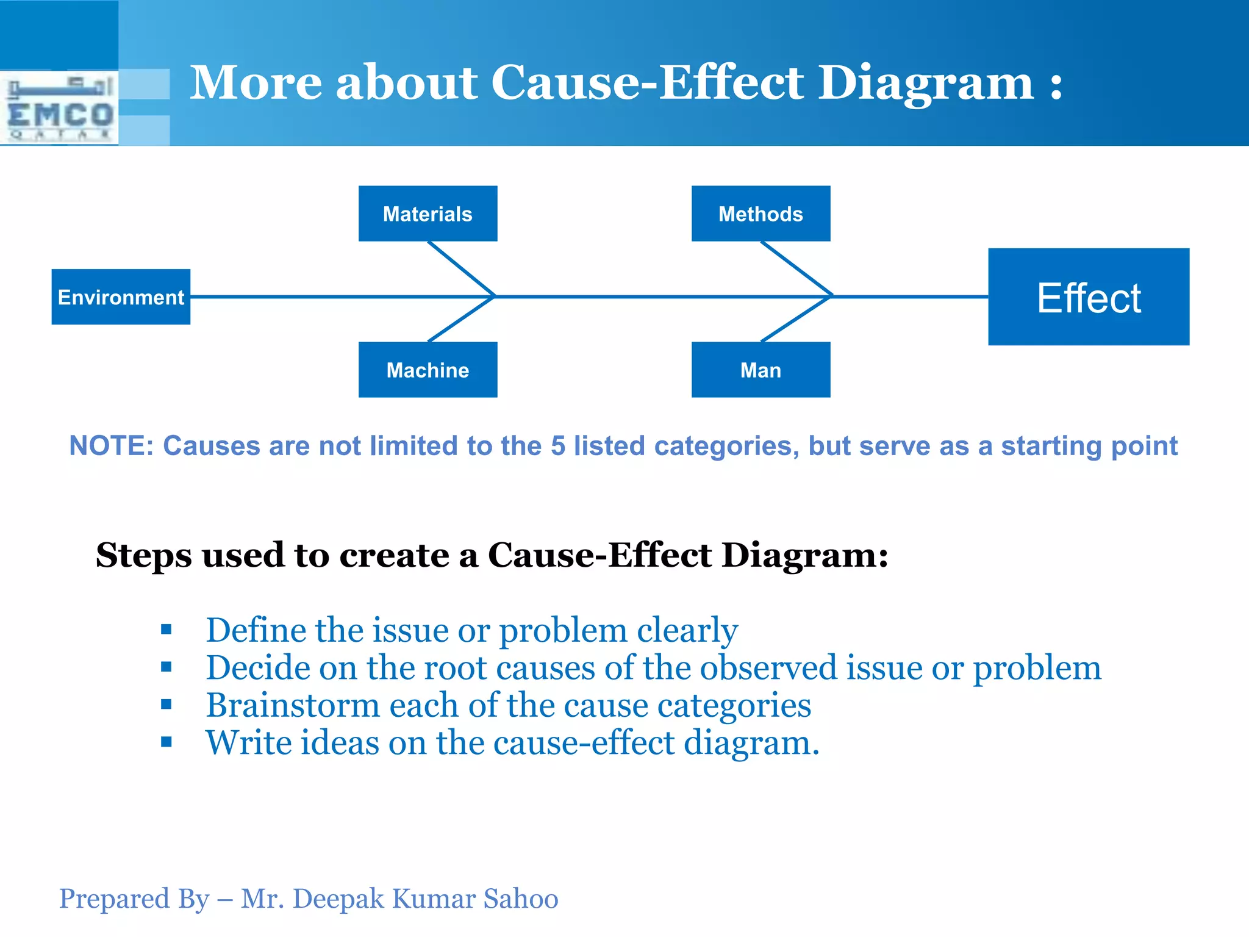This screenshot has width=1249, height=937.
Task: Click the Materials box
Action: tap(428, 214)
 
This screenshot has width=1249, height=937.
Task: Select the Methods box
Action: tap(760, 214)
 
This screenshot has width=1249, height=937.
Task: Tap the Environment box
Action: tap(121, 297)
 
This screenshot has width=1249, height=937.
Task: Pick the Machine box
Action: tap(428, 370)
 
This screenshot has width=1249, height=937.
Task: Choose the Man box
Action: tap(760, 370)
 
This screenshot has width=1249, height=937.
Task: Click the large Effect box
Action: tap(1089, 297)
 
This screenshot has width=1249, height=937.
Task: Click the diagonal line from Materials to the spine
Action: tap(461, 268)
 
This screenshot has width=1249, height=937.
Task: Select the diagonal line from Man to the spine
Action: tap(796, 319)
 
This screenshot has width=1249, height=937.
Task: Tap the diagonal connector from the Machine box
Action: tap(461, 319)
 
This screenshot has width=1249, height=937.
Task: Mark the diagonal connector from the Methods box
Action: tap(796, 268)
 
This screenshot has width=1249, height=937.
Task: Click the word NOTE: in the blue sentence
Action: tap(111, 446)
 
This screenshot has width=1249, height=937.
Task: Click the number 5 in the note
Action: tap(557, 446)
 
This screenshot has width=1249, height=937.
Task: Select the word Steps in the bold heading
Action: tap(144, 555)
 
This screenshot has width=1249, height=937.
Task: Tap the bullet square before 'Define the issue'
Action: tap(166, 630)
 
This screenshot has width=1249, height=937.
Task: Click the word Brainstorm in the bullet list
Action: tap(293, 706)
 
